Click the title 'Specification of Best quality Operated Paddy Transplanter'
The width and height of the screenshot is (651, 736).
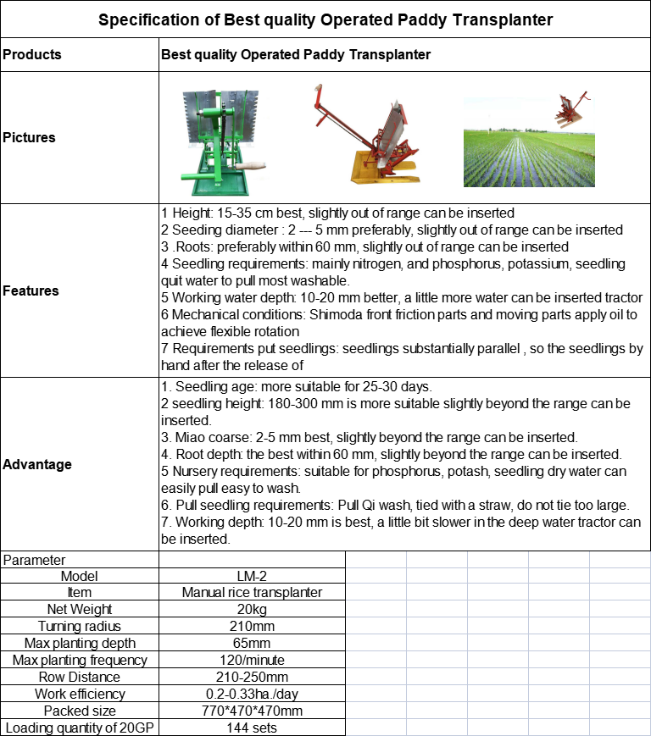tap(325, 19)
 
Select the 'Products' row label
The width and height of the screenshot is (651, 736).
tap(32, 54)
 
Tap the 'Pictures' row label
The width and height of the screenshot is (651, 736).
tap(29, 137)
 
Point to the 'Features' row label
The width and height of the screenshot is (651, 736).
tap(31, 291)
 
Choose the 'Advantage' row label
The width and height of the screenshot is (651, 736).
tap(37, 464)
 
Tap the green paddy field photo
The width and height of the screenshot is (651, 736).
tap(528, 145)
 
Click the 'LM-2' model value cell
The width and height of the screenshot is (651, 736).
tap(252, 576)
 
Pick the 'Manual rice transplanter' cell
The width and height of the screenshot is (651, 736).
tap(252, 593)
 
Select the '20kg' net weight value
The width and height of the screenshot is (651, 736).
tap(252, 610)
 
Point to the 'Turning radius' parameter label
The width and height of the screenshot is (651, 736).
tap(79, 627)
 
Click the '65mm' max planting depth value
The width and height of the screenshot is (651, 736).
tap(252, 644)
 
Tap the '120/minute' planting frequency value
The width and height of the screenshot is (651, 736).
tap(252, 661)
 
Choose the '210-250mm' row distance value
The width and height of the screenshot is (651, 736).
tap(252, 678)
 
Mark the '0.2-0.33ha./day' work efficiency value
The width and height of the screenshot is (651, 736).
tap(252, 694)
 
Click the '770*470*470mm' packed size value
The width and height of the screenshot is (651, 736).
tap(252, 711)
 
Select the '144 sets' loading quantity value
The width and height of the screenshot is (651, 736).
tap(252, 728)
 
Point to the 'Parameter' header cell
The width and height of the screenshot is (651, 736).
tap(35, 560)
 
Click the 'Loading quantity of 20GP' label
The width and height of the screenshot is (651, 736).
tap(79, 728)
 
